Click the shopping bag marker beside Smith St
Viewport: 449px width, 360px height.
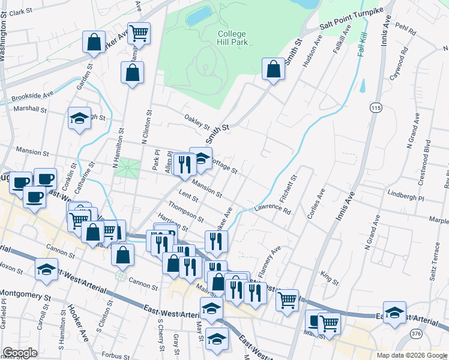pyautogui.click(x=273, y=69)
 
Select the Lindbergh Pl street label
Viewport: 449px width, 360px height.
pyautogui.click(x=406, y=197)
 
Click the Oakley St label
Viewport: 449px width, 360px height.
pyautogui.click(x=196, y=123)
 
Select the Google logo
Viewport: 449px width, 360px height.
pyautogui.click(x=20, y=353)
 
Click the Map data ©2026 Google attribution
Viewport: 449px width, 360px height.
pyautogui.click(x=412, y=355)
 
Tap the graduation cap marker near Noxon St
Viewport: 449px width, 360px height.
pyautogui.click(x=46, y=269)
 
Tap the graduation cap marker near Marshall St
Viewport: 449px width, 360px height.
pyautogui.click(x=79, y=118)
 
